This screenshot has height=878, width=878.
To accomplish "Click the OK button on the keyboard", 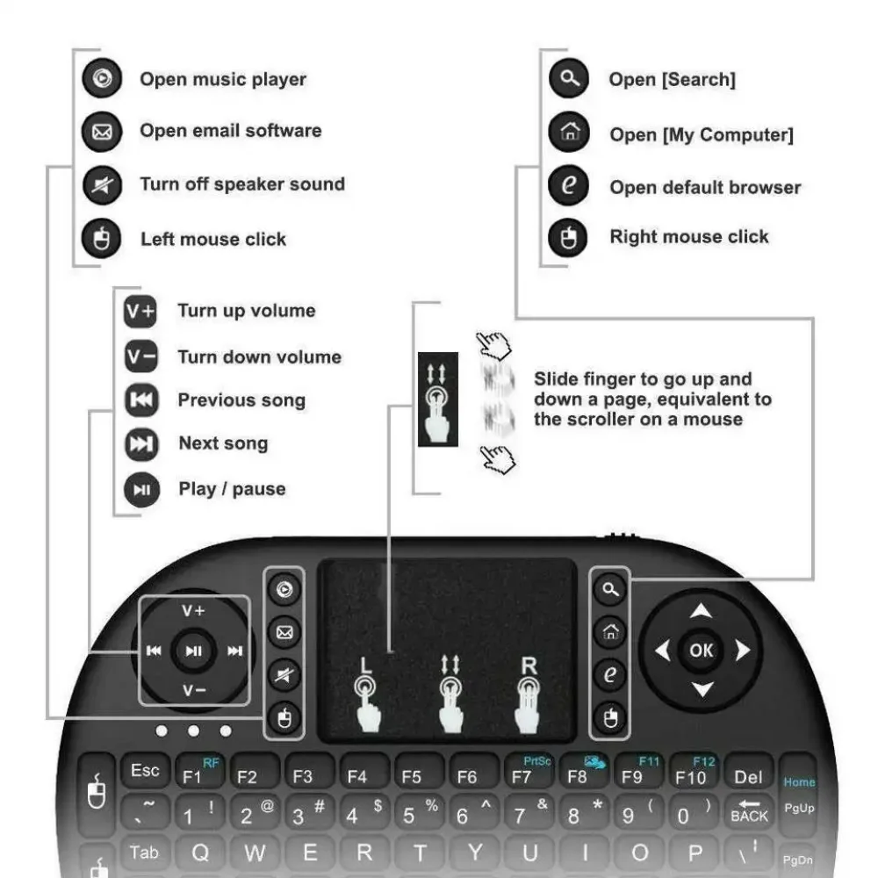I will pyautogui.click(x=701, y=651).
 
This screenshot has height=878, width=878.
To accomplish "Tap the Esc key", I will pyautogui.click(x=145, y=772).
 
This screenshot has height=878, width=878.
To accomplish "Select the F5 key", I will pyautogui.click(x=411, y=776).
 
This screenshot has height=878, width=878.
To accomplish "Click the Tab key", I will pyautogui.click(x=144, y=853).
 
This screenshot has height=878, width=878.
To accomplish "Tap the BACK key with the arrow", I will pyautogui.click(x=749, y=810).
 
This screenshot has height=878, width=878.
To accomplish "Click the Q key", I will pyautogui.click(x=200, y=853).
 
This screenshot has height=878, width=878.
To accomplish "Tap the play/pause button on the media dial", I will pyautogui.click(x=194, y=651).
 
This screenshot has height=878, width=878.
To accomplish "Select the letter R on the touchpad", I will pyautogui.click(x=528, y=665).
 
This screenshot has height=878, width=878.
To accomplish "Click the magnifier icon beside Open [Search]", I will pyautogui.click(x=569, y=80).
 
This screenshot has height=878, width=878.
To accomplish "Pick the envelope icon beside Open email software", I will pyautogui.click(x=102, y=133).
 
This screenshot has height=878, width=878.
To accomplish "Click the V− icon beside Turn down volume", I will pyautogui.click(x=140, y=357).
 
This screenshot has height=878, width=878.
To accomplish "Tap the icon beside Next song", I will pyautogui.click(x=141, y=444).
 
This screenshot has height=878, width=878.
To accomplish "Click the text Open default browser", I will pyautogui.click(x=705, y=188).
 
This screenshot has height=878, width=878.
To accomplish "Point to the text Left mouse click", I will pyautogui.click(x=213, y=240).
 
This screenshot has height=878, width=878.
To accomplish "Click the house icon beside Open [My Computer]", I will pyautogui.click(x=569, y=133).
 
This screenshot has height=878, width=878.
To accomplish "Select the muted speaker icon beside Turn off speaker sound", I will pyautogui.click(x=102, y=185).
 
